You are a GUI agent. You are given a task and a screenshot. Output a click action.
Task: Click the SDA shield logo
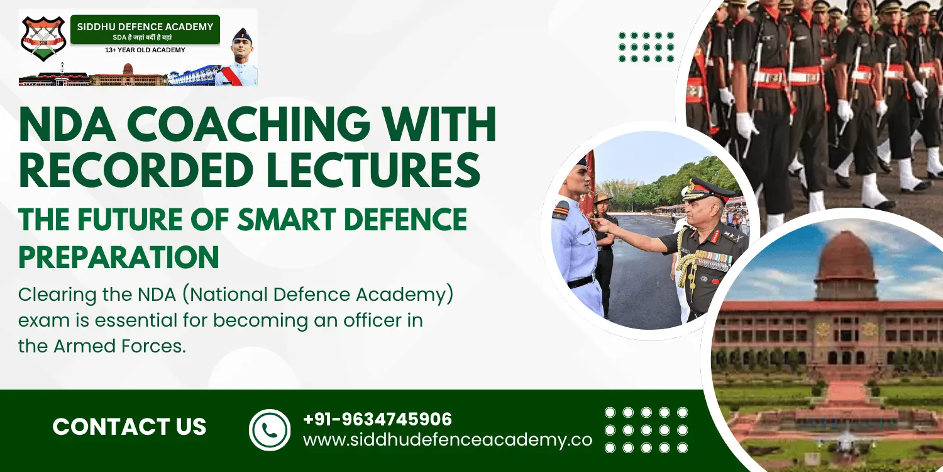(x=43, y=39)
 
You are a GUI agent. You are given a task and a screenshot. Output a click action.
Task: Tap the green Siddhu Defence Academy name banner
(x=145, y=30)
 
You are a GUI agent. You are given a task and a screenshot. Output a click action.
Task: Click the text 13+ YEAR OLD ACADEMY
(x=145, y=50)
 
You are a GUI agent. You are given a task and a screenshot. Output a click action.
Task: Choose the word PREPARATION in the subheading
(x=119, y=257)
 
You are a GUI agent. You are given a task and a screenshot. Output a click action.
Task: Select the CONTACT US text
(x=130, y=427)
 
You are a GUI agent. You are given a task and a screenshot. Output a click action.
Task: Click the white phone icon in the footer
(x=270, y=430)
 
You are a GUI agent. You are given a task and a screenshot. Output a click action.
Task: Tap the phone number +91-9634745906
(x=378, y=419)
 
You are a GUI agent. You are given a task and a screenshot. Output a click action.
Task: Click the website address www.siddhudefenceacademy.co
(x=448, y=441)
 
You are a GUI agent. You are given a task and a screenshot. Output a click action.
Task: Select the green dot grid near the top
(x=646, y=47)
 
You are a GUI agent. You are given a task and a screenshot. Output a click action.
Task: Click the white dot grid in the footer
(x=646, y=430)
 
